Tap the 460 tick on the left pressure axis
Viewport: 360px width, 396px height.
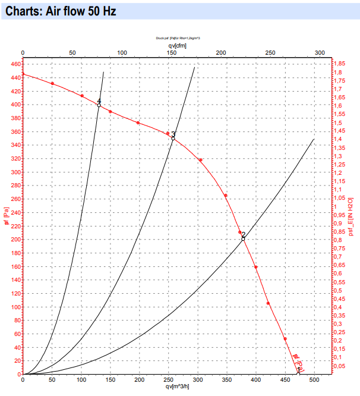pos(15,64)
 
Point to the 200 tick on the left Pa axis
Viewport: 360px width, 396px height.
pos(15,240)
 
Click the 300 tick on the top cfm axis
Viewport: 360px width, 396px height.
pos(320,53)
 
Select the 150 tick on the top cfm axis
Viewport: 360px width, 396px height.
pos(171,53)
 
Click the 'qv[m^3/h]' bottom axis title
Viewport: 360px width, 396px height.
pos(178,386)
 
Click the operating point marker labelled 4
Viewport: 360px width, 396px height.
pos(99,105)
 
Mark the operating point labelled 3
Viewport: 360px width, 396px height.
pos(173,137)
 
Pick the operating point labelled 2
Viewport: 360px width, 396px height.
pos(243,238)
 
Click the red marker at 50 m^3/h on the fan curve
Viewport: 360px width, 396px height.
pos(52,83)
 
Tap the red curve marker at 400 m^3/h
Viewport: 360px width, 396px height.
pos(256,267)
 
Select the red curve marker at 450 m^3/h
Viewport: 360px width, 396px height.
pos(285,339)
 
